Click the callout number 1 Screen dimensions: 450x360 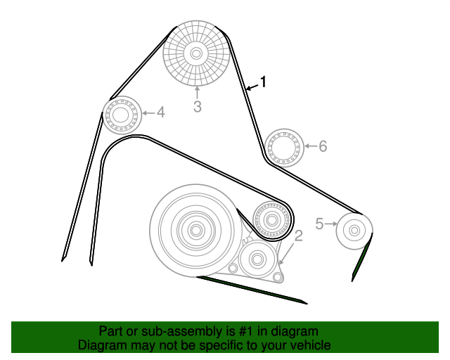(263, 82)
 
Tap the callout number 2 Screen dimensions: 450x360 (298, 236)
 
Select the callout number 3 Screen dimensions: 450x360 (197, 106)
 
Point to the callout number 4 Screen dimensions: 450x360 (161, 112)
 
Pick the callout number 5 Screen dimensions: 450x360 (319, 224)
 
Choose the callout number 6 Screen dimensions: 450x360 (323, 146)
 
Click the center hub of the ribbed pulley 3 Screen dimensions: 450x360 (196, 53)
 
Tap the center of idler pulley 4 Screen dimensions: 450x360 (121, 115)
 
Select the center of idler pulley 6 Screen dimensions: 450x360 (284, 148)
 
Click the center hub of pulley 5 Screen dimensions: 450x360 (354, 230)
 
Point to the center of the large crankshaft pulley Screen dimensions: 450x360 (196, 230)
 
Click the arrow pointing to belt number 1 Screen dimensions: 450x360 (252, 87)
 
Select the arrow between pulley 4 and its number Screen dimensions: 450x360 (148, 112)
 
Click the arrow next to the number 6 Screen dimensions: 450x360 (311, 146)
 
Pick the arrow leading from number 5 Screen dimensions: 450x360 (330, 224)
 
